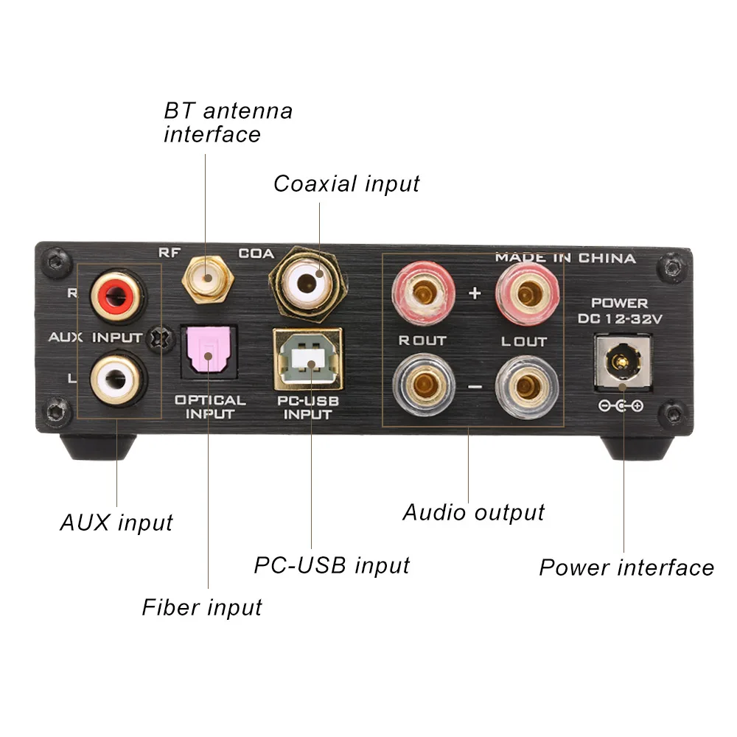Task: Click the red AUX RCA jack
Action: [116, 296]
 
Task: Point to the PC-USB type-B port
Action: [307, 359]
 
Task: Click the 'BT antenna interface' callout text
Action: [228, 122]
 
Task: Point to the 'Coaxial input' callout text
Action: [346, 184]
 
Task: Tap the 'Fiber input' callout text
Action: [202, 607]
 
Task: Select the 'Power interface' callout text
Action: [626, 567]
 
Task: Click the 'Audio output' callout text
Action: [473, 513]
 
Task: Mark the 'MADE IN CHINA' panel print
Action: [565, 258]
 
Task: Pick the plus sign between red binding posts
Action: [475, 293]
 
